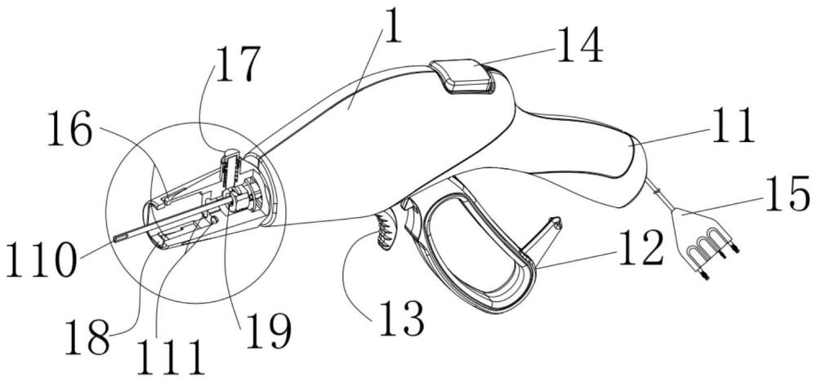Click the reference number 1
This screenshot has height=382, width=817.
394,31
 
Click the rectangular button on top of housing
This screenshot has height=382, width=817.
463,78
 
